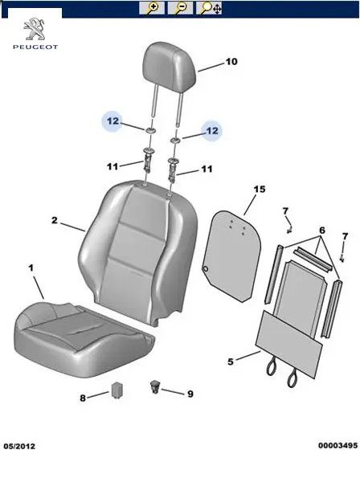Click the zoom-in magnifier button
(x=152, y=8)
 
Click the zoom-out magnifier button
(x=180, y=8)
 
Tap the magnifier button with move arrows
(x=209, y=8)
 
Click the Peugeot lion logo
(x=35, y=29)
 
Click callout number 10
(x=231, y=62)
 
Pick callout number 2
(x=55, y=220)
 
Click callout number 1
(x=31, y=268)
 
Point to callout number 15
(x=260, y=189)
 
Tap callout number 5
(x=231, y=361)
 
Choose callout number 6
(x=322, y=230)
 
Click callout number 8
(x=83, y=398)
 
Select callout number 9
(x=190, y=394)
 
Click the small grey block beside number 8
(x=117, y=390)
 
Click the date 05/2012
(x=19, y=446)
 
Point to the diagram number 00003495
(x=337, y=445)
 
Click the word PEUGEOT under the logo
(x=35, y=47)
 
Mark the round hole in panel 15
(x=205, y=268)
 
